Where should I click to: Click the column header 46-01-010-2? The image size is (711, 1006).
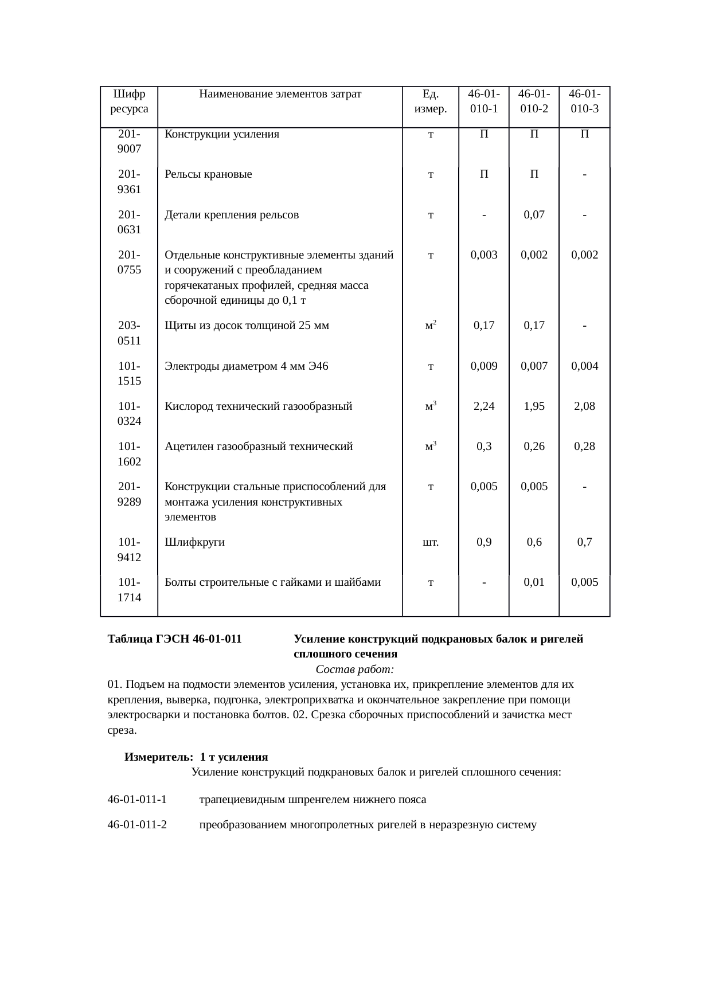coord(534,101)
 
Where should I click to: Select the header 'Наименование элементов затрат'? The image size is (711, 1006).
coord(280,94)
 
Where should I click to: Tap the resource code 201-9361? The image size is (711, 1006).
coord(129,182)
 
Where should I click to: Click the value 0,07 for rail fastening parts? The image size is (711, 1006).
coord(534,215)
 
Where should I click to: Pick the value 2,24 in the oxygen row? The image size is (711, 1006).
coord(484,406)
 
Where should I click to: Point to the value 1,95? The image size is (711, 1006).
coord(534,406)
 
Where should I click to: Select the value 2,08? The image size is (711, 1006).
coord(584,406)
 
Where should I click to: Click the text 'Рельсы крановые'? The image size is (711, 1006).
coord(208,174)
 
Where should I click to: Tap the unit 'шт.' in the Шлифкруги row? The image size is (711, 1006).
coord(431,542)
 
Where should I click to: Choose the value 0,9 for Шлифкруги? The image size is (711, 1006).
coord(484,542)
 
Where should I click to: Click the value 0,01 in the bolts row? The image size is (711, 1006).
coord(534,582)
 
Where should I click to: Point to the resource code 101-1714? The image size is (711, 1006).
coord(129,590)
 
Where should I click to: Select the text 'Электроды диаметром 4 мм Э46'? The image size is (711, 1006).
coord(247,366)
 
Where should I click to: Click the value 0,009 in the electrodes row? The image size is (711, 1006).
coord(484,366)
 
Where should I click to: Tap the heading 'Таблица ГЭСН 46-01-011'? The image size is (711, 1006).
coord(174,639)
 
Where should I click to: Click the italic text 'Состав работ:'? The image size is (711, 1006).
coord(354,670)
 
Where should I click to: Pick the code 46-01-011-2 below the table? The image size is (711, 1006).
coord(137,825)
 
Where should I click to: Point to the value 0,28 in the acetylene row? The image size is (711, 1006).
coord(584,447)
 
